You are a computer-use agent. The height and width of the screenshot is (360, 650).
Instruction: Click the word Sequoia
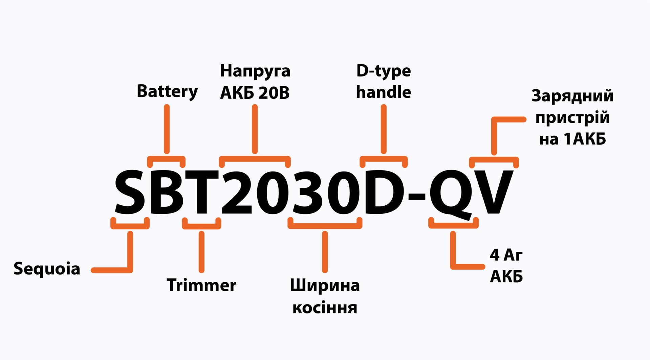tap(47, 269)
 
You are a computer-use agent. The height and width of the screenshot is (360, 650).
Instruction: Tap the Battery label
tap(167, 92)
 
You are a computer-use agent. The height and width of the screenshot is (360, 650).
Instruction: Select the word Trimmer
tap(201, 285)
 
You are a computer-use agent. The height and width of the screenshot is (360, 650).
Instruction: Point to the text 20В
tap(274, 93)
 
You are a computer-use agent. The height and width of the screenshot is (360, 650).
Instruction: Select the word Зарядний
tap(572, 96)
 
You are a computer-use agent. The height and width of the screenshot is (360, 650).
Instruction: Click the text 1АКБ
tap(585, 139)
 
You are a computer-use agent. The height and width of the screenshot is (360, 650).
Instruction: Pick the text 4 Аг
tap(506, 255)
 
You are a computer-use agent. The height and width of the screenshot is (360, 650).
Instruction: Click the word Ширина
tap(325, 286)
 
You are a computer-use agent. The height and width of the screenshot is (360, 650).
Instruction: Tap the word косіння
tap(325, 308)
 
